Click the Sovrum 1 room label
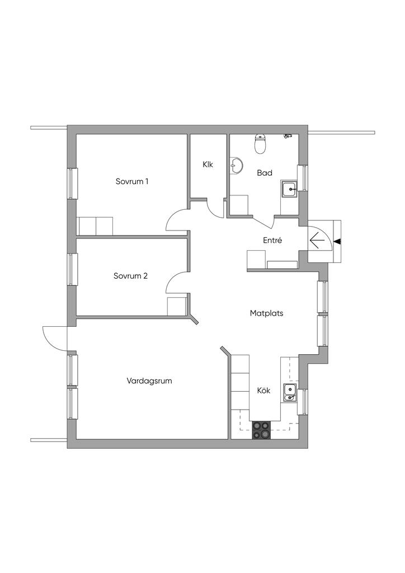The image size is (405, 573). coord(132,181)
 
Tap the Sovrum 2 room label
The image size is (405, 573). coord(130,276)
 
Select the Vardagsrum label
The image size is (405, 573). coord(149,381)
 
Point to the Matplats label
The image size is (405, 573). coord(266,313)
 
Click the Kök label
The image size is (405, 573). coord(263,391)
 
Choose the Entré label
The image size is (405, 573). coord(272,241)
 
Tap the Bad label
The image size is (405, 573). coord(265,173)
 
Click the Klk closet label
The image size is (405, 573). coord(208,165)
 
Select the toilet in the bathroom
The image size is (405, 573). coord(260,144)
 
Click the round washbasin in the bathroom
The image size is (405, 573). coord(237,166)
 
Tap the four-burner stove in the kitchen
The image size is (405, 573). coord(261,429)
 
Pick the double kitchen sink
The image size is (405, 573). coord(290,393)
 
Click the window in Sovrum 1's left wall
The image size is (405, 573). coord(71,183)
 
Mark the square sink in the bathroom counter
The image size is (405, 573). coord(289,190)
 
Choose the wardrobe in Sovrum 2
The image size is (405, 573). coord(177,307)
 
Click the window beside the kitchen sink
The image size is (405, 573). coord(304,402)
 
